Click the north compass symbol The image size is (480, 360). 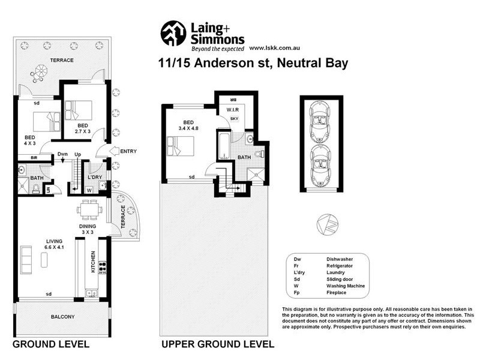[x=325, y=224]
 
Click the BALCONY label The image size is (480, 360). [x=62, y=316]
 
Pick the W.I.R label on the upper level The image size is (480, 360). [x=233, y=110]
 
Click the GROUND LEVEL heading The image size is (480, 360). [x=51, y=344]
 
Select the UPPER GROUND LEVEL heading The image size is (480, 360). [x=217, y=344]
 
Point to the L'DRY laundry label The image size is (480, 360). [x=94, y=178]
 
